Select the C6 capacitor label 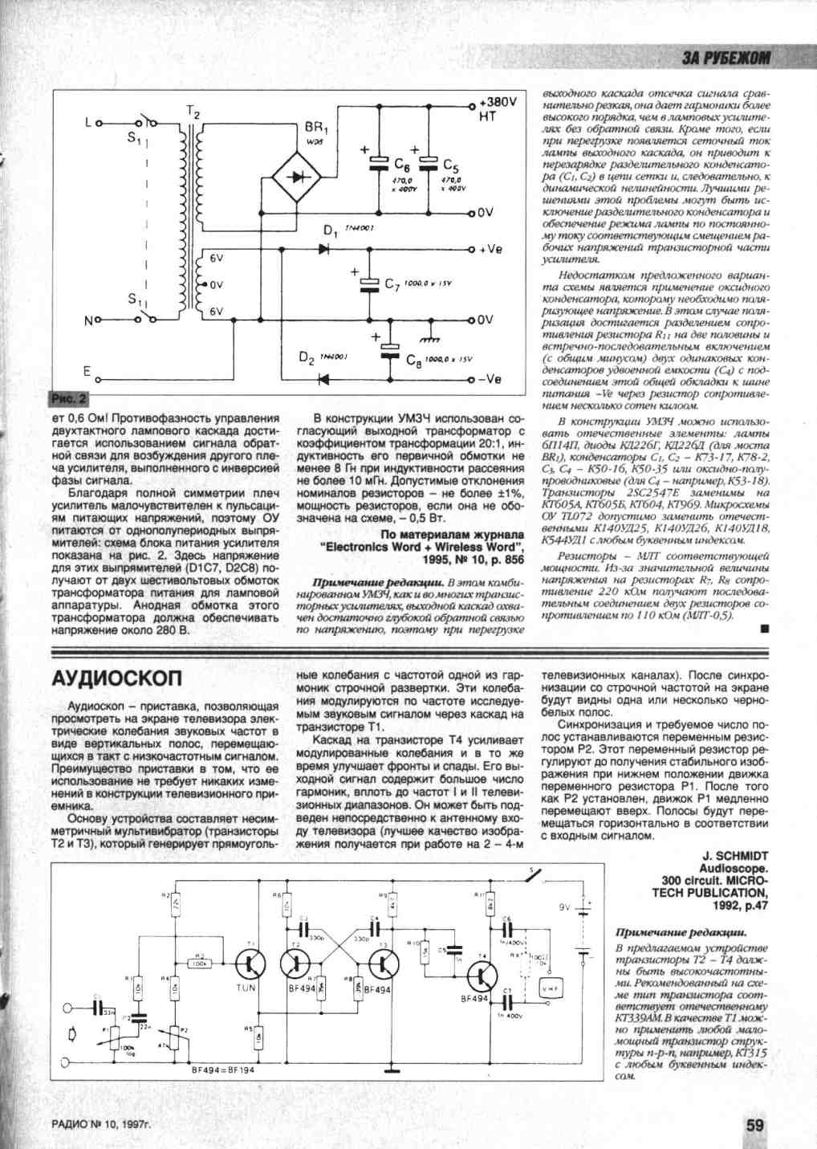point(401,164)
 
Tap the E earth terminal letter point(87,372)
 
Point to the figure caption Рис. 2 point(70,399)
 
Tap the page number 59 point(754,1125)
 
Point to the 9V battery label point(564,907)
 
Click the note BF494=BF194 point(222,1070)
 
